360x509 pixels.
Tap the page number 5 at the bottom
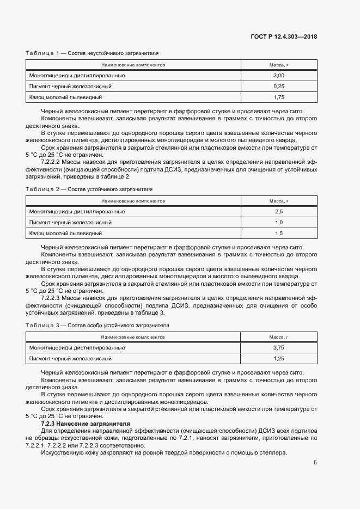(315, 463)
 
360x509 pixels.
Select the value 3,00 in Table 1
(279, 75)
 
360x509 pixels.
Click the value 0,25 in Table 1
(279, 86)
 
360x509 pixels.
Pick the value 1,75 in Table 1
(279, 97)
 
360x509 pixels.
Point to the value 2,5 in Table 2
(279, 211)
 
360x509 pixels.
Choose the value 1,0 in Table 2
(279, 222)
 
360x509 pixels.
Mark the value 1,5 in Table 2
(279, 233)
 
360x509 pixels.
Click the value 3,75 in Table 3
(279, 347)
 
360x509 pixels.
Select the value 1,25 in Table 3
(279, 358)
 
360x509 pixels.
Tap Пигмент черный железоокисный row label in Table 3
(70, 358)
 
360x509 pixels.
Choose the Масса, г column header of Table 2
(279, 201)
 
